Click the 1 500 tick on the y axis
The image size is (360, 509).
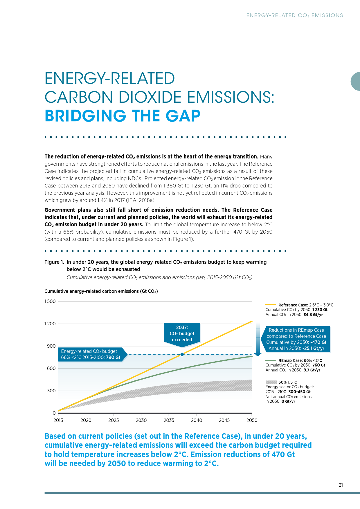click(50, 301)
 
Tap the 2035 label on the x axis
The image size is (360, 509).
click(169, 420)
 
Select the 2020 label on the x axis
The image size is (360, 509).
click(86, 420)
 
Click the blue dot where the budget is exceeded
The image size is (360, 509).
click(182, 354)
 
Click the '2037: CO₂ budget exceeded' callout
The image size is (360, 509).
click(182, 334)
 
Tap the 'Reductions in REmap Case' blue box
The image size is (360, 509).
click(296, 339)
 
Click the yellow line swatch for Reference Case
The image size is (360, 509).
click(270, 305)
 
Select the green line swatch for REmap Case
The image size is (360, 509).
click(270, 360)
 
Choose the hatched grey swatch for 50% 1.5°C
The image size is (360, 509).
click(271, 382)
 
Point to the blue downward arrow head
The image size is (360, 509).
click(258, 354)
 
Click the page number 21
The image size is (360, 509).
click(341, 485)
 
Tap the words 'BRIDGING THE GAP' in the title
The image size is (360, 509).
click(123, 116)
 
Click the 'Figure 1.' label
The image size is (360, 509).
click(54, 262)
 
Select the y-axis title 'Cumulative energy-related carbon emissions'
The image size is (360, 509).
click(101, 291)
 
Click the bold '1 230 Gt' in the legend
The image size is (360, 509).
click(320, 310)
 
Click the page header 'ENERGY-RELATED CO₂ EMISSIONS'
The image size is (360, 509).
click(294, 15)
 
